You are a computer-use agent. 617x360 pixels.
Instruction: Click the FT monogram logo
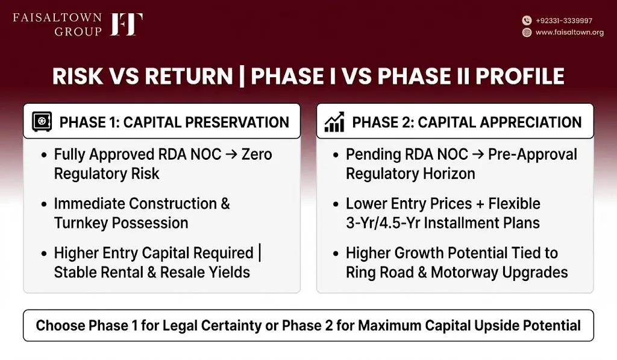tap(127, 24)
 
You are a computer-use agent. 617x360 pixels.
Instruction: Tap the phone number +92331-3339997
tap(564, 21)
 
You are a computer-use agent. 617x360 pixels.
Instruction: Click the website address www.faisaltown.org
tap(569, 33)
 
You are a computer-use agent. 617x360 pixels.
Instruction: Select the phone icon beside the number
tap(527, 21)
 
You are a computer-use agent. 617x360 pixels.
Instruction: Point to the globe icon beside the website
tap(527, 33)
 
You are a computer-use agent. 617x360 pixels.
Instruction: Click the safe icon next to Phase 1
tap(42, 122)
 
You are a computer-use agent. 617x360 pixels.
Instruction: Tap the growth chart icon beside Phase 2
tap(334, 122)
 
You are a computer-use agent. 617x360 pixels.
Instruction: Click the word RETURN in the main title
tap(189, 76)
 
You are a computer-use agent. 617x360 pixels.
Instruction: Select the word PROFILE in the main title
tap(520, 76)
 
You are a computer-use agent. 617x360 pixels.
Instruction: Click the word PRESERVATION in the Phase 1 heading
tap(237, 122)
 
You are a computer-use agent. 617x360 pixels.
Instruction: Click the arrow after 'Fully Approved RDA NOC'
tap(231, 154)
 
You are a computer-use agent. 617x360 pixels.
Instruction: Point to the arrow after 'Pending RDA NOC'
tap(478, 154)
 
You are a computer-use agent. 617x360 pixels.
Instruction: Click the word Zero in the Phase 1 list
tap(257, 154)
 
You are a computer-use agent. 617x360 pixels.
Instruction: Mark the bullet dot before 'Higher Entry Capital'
tap(44, 253)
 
